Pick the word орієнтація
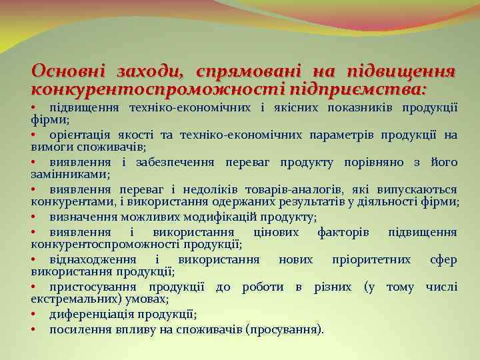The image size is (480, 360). pyautogui.click(x=80, y=135)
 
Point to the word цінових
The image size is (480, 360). pyautogui.click(x=271, y=232)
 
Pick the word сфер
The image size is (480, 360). pyautogui.click(x=443, y=260)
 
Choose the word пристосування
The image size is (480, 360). pyautogui.click(x=91, y=287)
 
